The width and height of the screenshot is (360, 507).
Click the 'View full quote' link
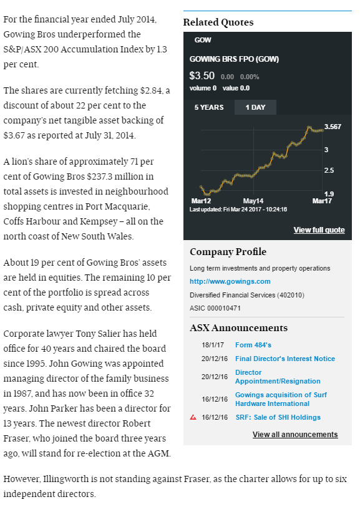click(319, 230)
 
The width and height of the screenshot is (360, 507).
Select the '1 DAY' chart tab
click(255, 107)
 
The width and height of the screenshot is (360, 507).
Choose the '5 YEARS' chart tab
click(209, 107)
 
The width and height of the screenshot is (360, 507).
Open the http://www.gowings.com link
click(230, 281)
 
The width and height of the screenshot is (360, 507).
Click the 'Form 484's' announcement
click(253, 345)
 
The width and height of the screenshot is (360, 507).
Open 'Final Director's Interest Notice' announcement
click(285, 359)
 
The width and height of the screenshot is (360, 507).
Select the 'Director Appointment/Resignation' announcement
click(278, 377)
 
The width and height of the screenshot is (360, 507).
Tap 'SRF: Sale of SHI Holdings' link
click(278, 417)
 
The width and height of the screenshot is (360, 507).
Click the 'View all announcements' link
click(295, 434)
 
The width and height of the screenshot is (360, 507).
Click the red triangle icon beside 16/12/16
click(193, 417)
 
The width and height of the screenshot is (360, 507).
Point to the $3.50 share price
click(202, 75)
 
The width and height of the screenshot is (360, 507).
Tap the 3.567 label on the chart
click(333, 127)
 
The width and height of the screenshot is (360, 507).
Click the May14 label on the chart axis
click(253, 201)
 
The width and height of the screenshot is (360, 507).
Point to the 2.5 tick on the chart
click(329, 170)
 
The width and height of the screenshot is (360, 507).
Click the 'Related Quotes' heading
click(218, 22)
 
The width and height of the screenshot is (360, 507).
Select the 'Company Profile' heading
click(228, 251)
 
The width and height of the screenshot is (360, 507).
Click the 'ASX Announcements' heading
click(239, 328)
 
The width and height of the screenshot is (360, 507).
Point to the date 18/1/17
click(213, 345)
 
